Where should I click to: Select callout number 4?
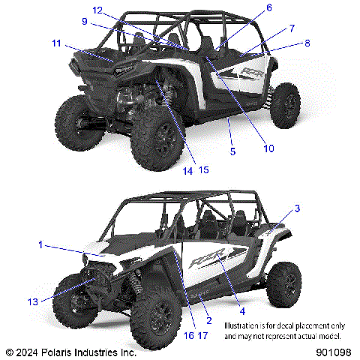(x=241, y=310)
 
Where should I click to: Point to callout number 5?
(x=232, y=151)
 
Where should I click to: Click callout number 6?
(x=268, y=8)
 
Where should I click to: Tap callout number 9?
(x=85, y=22)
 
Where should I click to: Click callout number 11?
(x=57, y=44)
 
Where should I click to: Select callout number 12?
(x=97, y=9)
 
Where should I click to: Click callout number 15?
(x=203, y=170)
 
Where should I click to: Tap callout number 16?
(x=187, y=334)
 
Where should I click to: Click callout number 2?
(x=208, y=320)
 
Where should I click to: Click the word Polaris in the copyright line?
(x=51, y=351)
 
